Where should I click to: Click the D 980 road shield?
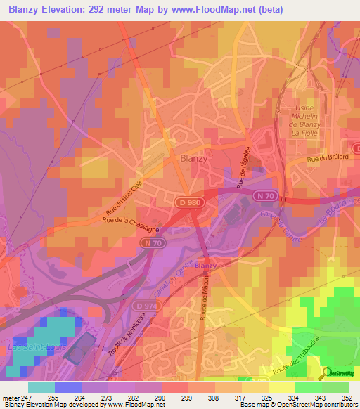[184, 202]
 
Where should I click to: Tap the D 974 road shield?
[147, 306]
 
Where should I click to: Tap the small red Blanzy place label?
[205, 265]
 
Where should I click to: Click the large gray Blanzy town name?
[194, 158]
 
